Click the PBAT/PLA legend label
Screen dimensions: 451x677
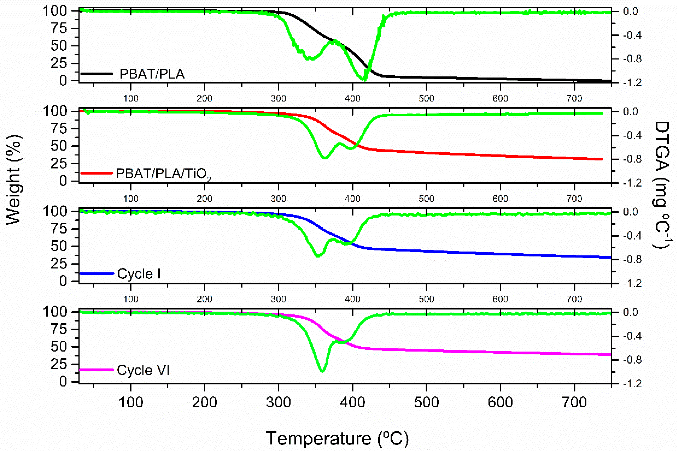[152, 74]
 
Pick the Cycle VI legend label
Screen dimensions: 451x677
[143, 370]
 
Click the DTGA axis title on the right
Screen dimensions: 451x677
[661, 184]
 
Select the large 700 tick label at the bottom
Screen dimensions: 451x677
[574, 402]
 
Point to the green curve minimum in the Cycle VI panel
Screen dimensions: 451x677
[322, 371]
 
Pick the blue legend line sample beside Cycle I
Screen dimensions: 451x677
[96, 273]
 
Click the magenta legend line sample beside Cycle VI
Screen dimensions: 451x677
[96, 370]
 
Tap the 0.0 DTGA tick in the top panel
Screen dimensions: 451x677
[630, 11]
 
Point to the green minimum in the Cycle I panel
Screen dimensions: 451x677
[318, 256]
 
